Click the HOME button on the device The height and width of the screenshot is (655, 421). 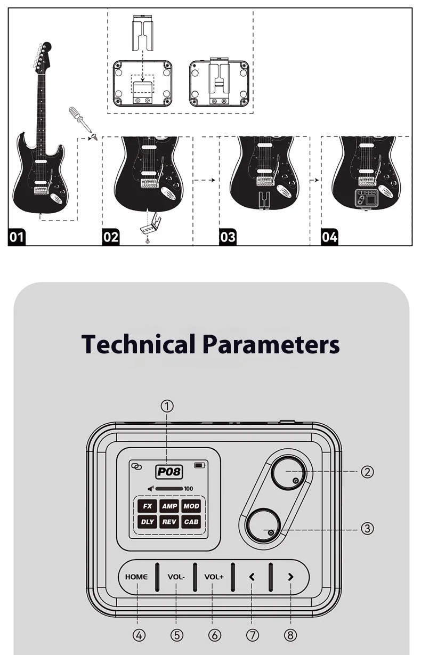[136, 577]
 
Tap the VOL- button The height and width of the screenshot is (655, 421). [176, 577]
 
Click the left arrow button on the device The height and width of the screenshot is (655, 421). [252, 577]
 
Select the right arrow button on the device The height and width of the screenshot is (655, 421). [290, 577]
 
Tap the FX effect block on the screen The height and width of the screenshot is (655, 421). [148, 506]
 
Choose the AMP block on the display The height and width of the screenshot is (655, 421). [169, 506]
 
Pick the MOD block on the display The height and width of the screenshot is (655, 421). [191, 506]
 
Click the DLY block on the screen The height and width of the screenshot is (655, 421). [148, 522]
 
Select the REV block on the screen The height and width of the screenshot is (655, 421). [169, 522]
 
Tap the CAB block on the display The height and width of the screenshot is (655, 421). [191, 522]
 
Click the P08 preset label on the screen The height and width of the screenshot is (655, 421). [169, 472]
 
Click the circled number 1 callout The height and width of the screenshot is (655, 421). [167, 406]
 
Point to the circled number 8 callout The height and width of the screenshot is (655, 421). [290, 635]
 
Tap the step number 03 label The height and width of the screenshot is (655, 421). [228, 236]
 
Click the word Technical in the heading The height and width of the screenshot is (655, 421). [138, 344]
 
